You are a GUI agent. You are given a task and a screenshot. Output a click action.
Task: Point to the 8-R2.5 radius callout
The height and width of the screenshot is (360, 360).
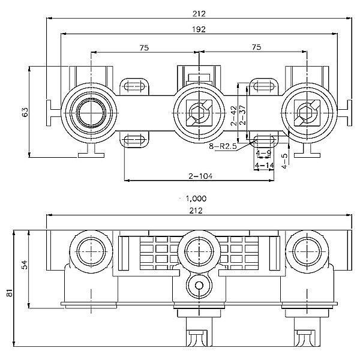click(x=223, y=146)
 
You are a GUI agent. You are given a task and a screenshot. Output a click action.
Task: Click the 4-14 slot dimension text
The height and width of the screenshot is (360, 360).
click(x=263, y=164)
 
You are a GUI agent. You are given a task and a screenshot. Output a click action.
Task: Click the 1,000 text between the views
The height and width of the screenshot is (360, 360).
click(x=196, y=199)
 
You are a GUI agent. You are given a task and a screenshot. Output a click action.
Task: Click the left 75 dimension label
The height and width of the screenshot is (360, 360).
click(x=144, y=47)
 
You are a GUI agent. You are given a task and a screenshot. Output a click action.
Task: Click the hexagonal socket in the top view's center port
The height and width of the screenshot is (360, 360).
click(x=197, y=112)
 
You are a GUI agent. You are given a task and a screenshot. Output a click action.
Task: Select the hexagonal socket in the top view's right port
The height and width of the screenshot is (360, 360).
click(x=305, y=112)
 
